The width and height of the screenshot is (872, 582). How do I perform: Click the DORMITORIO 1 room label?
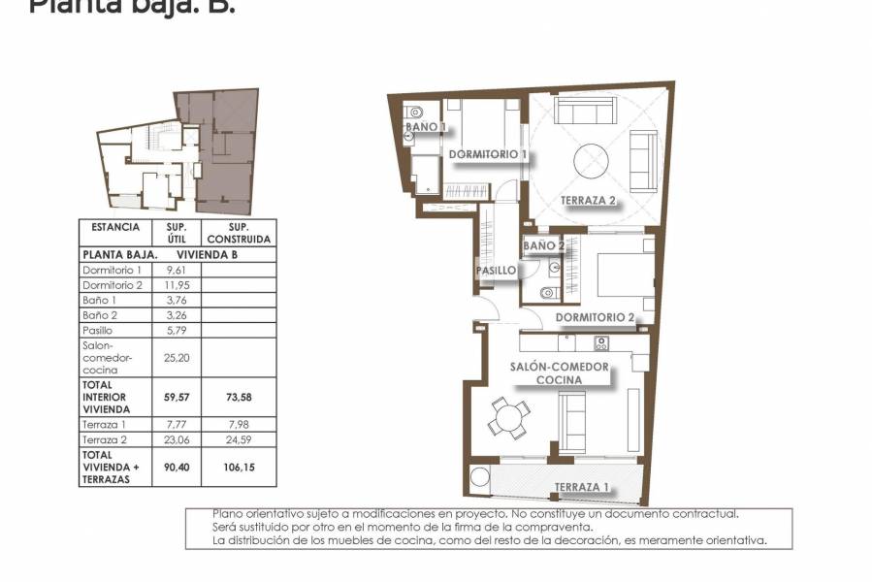[488, 154]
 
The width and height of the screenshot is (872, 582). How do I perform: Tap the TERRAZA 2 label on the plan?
[589, 202]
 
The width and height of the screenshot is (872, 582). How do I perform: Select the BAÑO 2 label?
[544, 246]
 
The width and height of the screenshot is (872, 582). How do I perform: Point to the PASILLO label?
[496, 271]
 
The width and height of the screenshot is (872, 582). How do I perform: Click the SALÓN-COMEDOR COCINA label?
[561, 373]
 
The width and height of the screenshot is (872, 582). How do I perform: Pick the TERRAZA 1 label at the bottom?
[582, 487]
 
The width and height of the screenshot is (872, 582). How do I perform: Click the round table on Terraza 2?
[591, 160]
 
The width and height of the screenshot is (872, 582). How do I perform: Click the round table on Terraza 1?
[479, 479]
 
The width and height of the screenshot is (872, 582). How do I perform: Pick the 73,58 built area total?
[238, 397]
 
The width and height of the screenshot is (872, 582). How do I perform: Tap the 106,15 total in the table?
[238, 467]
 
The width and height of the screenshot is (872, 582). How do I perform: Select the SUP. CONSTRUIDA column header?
[238, 233]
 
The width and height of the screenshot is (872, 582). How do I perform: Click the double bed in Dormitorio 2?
[618, 275]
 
